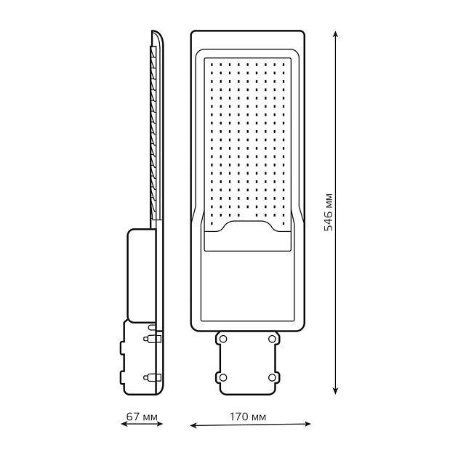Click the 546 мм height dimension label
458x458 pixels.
point(329,212)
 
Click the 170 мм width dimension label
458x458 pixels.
point(248,417)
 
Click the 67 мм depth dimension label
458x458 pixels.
point(142,417)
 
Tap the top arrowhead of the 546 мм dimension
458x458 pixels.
point(336,33)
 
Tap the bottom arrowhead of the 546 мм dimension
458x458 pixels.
point(336,391)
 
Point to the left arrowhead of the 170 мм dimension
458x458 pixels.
point(193,426)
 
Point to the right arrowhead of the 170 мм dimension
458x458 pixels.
point(307,424)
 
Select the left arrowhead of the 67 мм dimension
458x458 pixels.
point(124,424)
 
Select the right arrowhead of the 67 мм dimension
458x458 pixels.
point(159,424)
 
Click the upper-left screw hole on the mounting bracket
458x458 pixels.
point(223,339)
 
